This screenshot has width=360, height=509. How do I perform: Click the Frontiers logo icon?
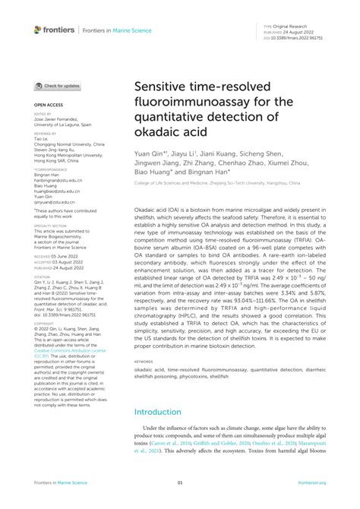tap(38, 30)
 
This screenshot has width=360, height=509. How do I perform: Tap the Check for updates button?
tap(58, 87)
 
